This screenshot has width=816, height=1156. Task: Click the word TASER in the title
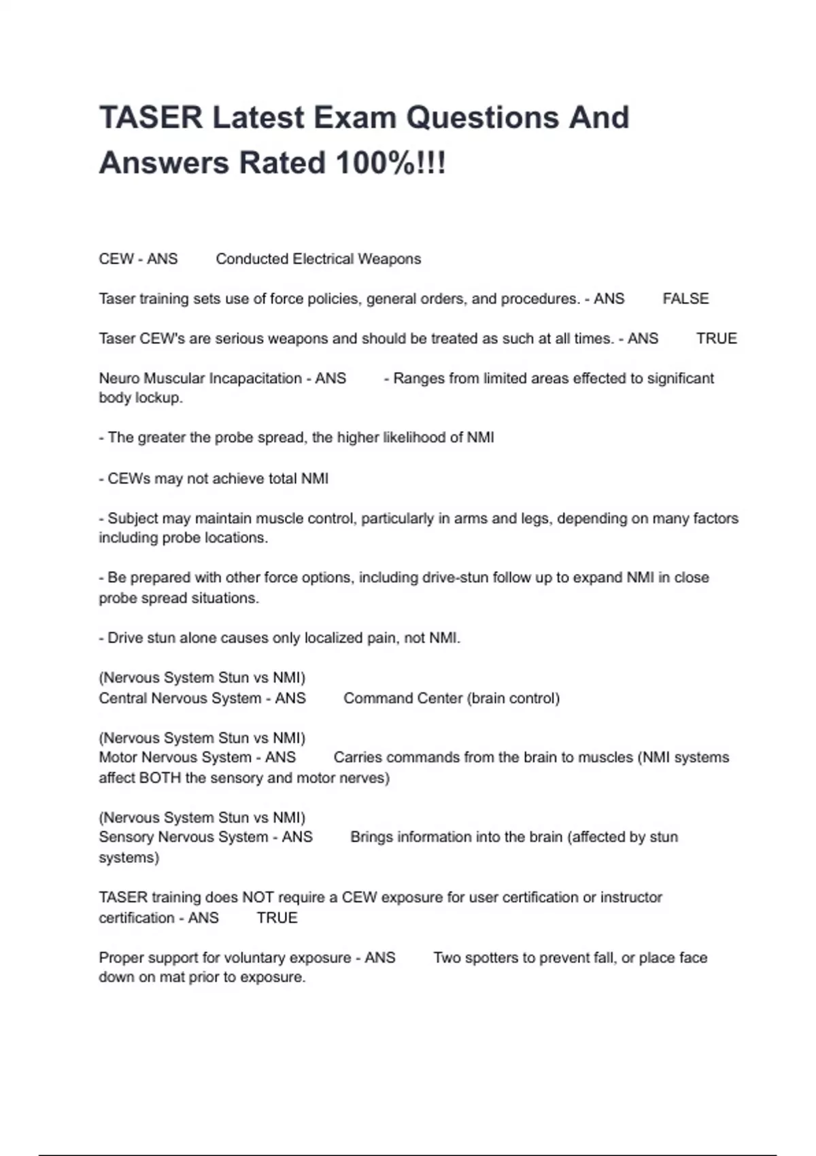[x=151, y=118]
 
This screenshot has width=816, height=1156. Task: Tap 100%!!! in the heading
[x=390, y=163]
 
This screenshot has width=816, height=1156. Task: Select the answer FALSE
[x=685, y=299]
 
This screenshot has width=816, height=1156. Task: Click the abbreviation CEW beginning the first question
[x=116, y=259]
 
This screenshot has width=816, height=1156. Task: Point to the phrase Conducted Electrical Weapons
[x=318, y=259]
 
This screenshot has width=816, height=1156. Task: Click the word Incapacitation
[x=253, y=378]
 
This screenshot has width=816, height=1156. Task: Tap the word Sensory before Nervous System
[x=126, y=837]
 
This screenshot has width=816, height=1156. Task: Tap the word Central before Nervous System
[x=122, y=698]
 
